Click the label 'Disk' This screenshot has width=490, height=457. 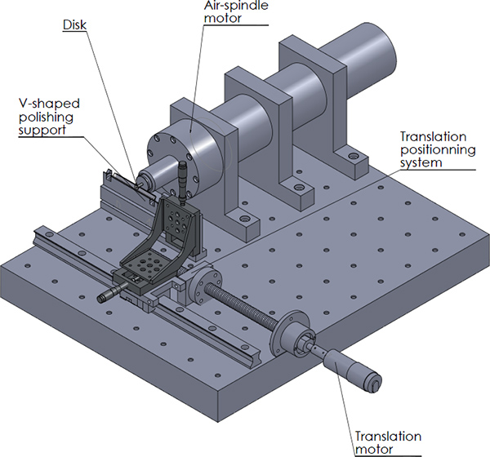[74, 25]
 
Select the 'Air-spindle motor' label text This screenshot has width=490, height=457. [236, 11]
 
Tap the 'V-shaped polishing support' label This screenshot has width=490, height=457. [49, 117]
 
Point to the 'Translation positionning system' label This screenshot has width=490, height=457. [438, 149]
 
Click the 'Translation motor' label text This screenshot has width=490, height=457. [388, 442]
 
